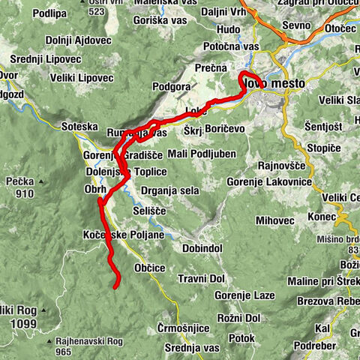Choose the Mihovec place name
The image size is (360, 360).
pos(274,220)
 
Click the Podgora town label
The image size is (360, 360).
pos(174,87)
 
